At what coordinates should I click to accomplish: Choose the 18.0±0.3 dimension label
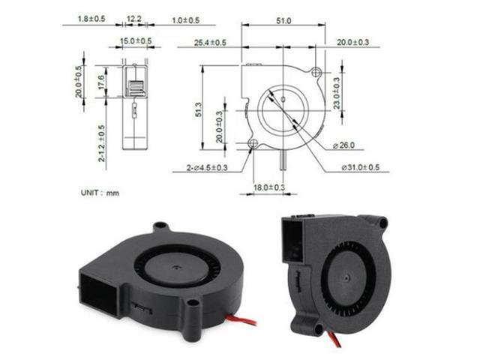coord(268,187)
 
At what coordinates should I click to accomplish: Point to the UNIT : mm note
coord(100,193)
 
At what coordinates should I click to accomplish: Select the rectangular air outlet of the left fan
coord(96,292)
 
